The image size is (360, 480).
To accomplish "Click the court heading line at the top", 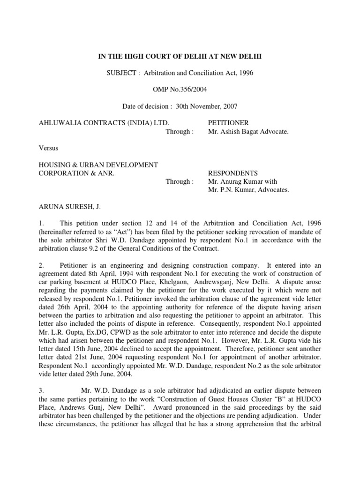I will (x=180, y=57).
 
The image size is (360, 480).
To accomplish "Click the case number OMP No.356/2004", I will (x=180, y=94).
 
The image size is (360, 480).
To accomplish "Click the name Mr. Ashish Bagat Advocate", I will (x=248, y=132).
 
